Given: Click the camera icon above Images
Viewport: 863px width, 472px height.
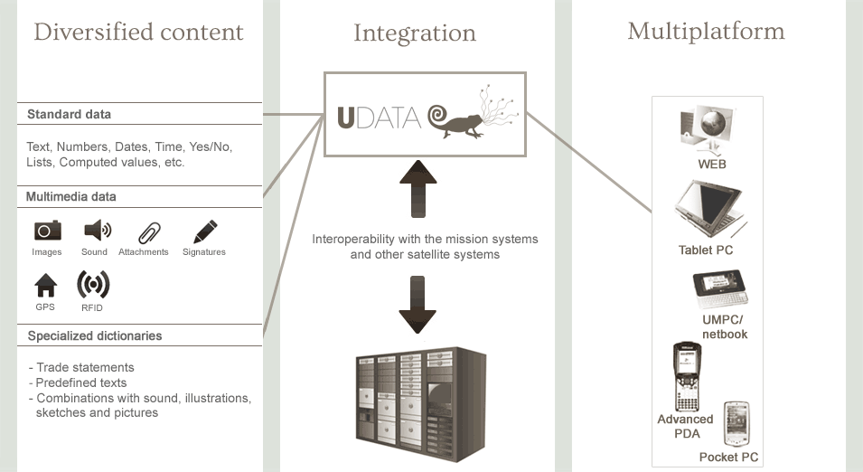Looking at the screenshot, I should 47,230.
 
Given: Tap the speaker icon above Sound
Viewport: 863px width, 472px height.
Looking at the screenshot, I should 96,230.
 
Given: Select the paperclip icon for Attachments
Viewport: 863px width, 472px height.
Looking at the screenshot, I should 149,231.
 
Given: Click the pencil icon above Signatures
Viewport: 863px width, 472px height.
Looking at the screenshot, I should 204,230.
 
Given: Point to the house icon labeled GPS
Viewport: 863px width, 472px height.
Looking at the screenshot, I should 45,286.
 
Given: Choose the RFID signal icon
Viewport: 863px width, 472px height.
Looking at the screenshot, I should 93,285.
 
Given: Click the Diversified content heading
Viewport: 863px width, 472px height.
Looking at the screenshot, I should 138,33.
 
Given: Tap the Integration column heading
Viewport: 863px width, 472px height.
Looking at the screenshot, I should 414,33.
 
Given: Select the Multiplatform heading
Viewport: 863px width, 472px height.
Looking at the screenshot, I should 706,32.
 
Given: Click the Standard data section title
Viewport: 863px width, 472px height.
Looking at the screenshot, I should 69,115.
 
